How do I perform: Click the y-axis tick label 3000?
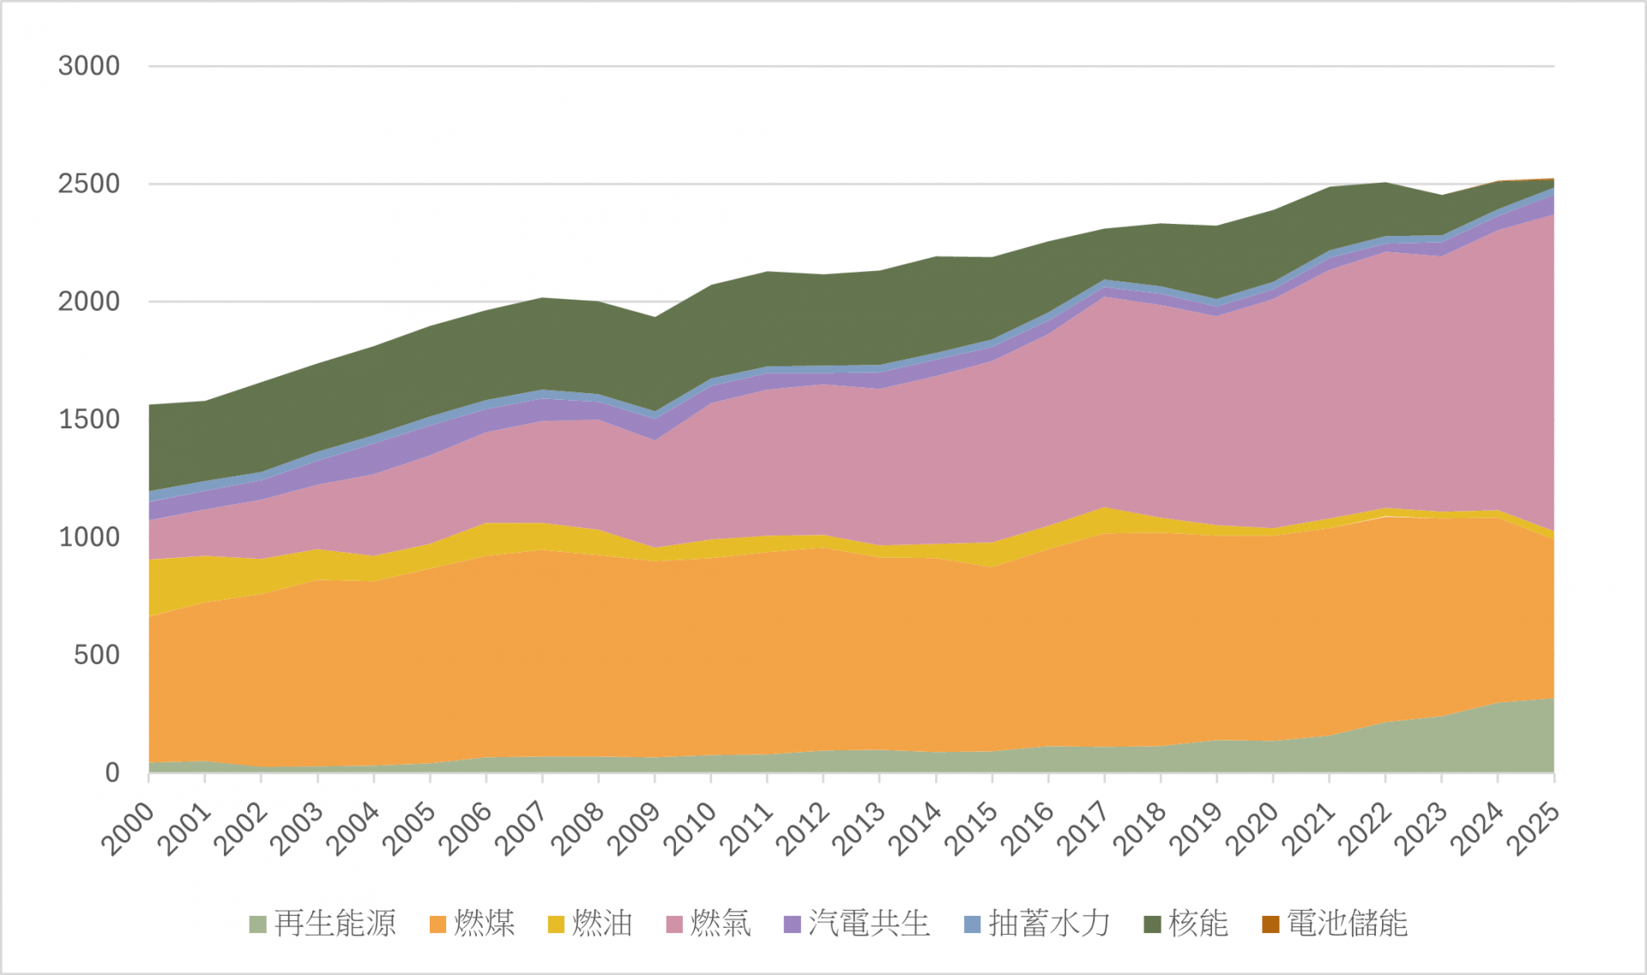(88, 66)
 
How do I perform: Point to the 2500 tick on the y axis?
(88, 184)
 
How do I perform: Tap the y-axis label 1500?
(88, 420)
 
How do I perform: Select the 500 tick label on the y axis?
(96, 656)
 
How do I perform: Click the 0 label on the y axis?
(112, 773)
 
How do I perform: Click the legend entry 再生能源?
(335, 924)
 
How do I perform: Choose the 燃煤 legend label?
(485, 924)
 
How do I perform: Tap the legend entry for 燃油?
(602, 924)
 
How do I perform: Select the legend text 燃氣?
(721, 924)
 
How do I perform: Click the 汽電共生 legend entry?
(869, 924)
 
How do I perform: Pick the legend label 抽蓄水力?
(1049, 924)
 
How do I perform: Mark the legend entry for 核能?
(1198, 924)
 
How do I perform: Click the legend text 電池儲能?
(1348, 924)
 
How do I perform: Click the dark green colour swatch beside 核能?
(1152, 924)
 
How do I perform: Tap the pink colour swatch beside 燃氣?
(674, 924)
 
